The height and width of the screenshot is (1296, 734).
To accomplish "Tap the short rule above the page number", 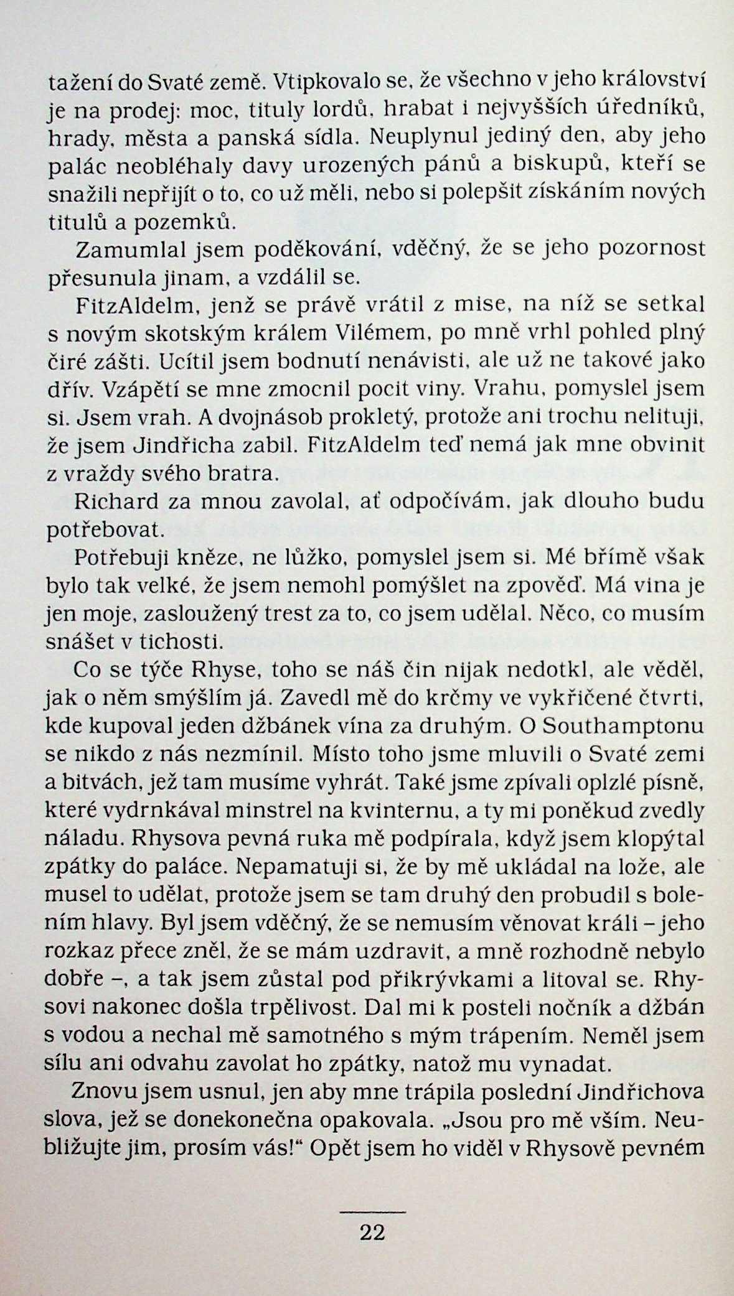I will pos(372,1211).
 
